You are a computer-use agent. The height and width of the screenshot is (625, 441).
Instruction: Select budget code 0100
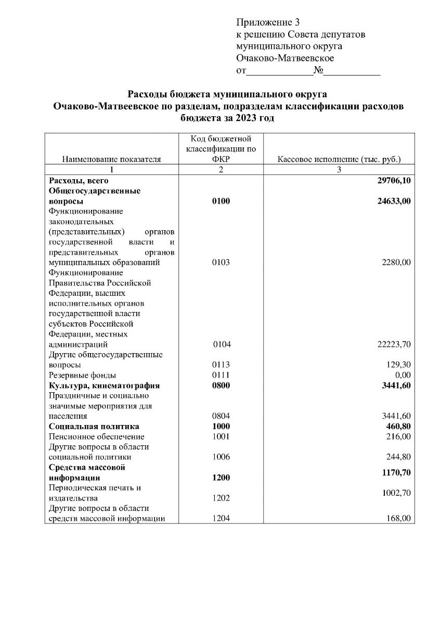coord(221,201)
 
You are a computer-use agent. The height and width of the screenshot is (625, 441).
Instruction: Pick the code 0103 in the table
coord(221,262)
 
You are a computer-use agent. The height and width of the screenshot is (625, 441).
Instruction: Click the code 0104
coord(222,344)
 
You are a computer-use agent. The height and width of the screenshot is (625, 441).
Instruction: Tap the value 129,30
coord(399,365)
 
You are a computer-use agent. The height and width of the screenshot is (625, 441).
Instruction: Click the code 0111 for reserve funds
coord(221,375)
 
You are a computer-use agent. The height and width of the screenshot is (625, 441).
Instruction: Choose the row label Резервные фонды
coord(82,375)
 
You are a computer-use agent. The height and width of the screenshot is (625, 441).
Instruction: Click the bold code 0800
coord(221,385)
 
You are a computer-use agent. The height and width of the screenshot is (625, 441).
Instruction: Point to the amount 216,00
coord(399,436)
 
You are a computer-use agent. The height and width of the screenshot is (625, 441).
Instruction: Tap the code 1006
coord(221,457)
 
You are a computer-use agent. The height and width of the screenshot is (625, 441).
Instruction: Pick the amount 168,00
coord(399,518)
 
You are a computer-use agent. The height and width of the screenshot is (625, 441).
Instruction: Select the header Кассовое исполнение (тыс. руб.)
coord(339,159)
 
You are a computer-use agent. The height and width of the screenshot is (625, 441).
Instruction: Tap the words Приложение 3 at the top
coord(268,22)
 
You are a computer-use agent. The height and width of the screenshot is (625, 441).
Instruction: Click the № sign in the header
coord(318,71)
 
